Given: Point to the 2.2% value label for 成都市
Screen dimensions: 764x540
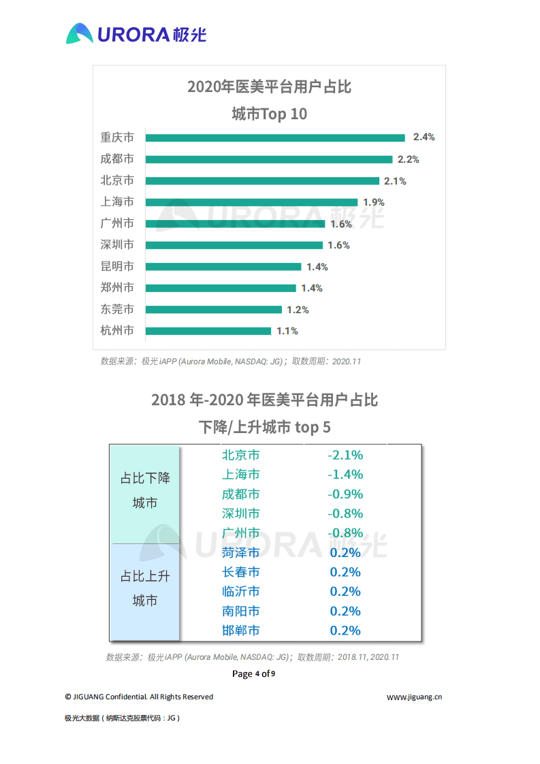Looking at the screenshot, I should pos(408,159).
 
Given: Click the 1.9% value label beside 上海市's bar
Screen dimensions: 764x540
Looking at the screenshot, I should pos(374,202).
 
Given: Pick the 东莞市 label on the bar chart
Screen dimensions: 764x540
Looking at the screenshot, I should pos(117,309).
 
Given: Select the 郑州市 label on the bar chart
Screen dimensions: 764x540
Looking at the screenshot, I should pos(117,287).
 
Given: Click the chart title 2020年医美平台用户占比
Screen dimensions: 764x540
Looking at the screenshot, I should pos(269,87).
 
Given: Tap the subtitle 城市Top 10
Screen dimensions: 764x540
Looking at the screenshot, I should pos(269,114).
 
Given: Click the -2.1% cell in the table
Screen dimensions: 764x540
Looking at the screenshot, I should pos(345,455).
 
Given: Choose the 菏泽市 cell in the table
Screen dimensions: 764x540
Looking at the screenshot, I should pos(240,552).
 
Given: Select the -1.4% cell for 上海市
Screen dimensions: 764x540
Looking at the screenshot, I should pos(345,475).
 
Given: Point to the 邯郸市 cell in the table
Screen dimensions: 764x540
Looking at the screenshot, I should pos(240,631).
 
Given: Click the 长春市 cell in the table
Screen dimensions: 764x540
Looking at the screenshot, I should pos(240,572).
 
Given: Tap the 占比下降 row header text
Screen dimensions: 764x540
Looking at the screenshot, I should pos(145,478).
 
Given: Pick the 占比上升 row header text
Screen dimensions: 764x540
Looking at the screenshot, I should pos(145,576).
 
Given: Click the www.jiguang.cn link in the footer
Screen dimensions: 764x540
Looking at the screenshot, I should pos(415,697).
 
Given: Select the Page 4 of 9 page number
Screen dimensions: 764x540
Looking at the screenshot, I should pos(254,674).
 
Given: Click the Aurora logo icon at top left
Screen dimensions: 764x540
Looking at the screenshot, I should pos(80,33).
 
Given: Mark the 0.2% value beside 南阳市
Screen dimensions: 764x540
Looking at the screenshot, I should pos(345,611).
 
